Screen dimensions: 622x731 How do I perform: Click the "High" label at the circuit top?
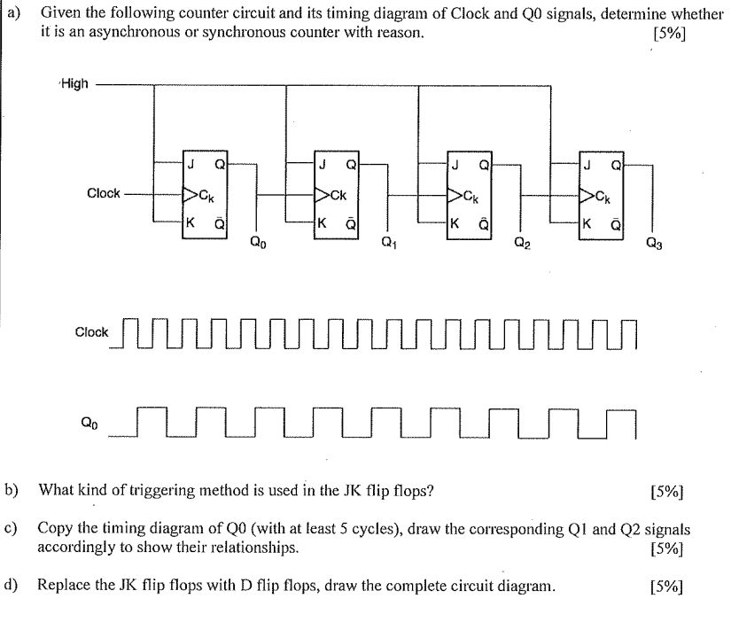click(x=74, y=84)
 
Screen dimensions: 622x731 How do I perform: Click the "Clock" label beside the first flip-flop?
click(x=104, y=193)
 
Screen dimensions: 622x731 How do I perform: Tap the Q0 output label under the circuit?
click(x=256, y=238)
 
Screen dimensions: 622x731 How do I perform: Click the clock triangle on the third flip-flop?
click(x=455, y=193)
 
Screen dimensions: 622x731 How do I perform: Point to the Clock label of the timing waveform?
click(x=91, y=333)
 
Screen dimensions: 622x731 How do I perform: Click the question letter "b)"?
click(x=12, y=488)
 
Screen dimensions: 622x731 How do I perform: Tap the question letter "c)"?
click(x=12, y=529)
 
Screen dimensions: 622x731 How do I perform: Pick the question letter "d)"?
click(x=12, y=586)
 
